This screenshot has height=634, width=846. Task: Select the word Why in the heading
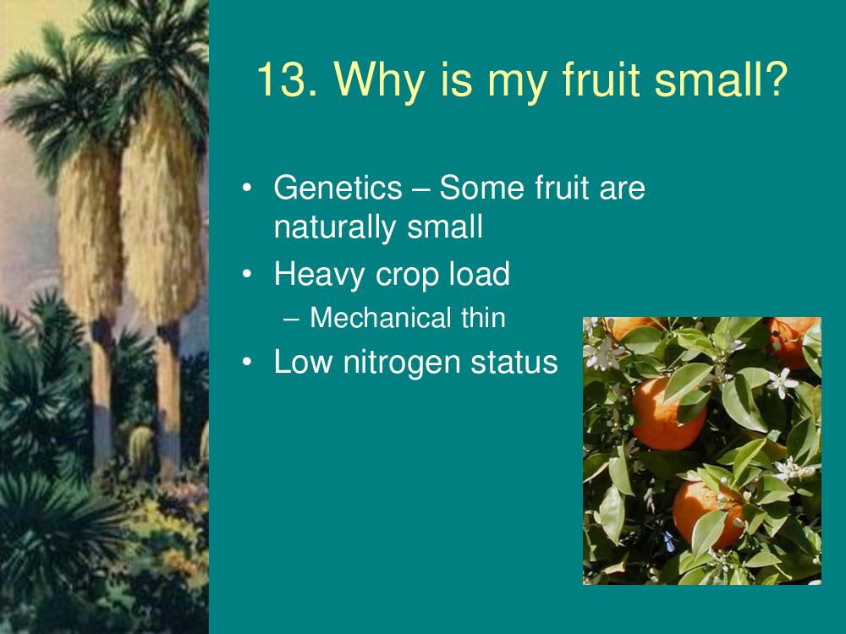click(x=379, y=81)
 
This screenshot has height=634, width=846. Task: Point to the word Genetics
click(x=338, y=188)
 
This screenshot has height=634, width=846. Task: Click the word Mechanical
click(x=380, y=318)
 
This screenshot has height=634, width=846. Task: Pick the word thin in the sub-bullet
click(x=483, y=318)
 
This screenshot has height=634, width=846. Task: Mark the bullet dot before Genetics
click(x=247, y=188)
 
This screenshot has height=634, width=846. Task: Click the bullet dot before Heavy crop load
click(x=247, y=274)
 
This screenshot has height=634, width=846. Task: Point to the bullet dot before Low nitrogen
click(x=247, y=361)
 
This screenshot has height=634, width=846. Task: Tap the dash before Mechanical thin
click(x=291, y=320)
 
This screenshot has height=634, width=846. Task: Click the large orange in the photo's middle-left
click(x=668, y=413)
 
